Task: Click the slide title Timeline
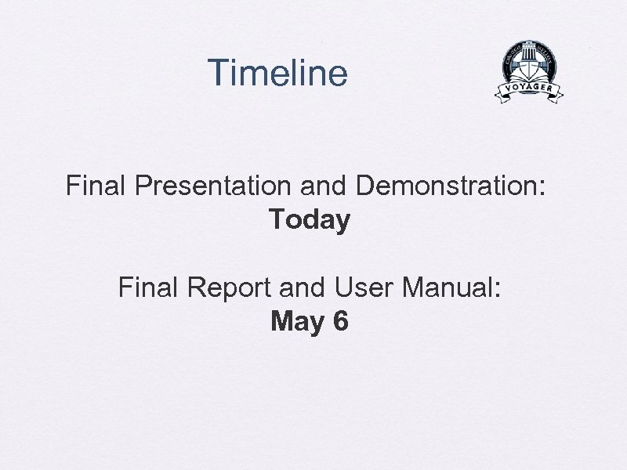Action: point(277,73)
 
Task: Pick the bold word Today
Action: point(310,220)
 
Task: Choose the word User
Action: point(364,288)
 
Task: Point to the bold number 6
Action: point(340,321)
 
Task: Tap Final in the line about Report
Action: point(150,288)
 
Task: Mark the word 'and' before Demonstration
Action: point(325,186)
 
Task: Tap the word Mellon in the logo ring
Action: point(549,56)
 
